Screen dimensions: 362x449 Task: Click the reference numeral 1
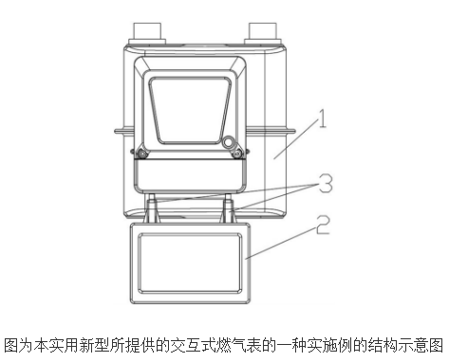324,120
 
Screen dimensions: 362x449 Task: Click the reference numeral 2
324,226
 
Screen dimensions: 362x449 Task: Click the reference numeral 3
324,180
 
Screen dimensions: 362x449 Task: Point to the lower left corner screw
141,153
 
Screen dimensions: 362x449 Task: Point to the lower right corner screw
240,153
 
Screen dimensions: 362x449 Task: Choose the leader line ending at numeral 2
280,242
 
